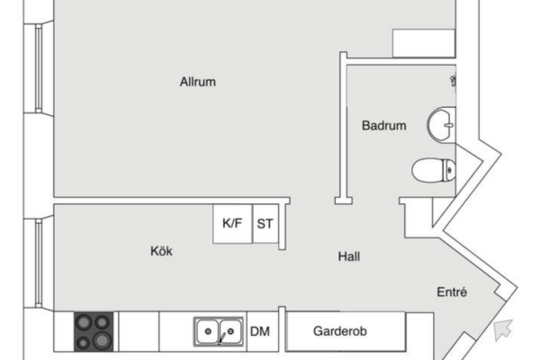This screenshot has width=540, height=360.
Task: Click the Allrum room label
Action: [198, 82]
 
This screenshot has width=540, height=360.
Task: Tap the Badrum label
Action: [384, 125]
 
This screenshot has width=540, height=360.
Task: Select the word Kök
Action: [161, 251]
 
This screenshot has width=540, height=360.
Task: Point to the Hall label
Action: [349, 256]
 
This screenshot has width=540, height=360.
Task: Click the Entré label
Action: [452, 292]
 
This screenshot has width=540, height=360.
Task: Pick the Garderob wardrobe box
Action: [346, 331]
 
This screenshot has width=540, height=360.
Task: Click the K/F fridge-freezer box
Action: [232, 224]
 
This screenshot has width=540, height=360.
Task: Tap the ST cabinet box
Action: [265, 224]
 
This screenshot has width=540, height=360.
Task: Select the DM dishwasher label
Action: [260, 331]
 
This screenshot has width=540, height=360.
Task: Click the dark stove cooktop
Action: [94, 332]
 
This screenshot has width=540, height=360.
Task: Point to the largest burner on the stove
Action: [102, 341]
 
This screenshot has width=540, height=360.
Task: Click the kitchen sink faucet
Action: [221, 337]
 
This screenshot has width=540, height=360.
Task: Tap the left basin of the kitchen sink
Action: [207, 331]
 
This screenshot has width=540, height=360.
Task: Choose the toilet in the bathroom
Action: [434, 170]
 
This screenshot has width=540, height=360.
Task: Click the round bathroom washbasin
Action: [442, 124]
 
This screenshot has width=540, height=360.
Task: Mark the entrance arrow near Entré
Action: [503, 329]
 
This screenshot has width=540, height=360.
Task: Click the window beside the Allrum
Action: [39, 68]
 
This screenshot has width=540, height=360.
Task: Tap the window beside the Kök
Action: [39, 263]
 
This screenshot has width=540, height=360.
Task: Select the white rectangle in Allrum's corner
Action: [424, 43]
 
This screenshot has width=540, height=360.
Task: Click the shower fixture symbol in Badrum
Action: [454, 81]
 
